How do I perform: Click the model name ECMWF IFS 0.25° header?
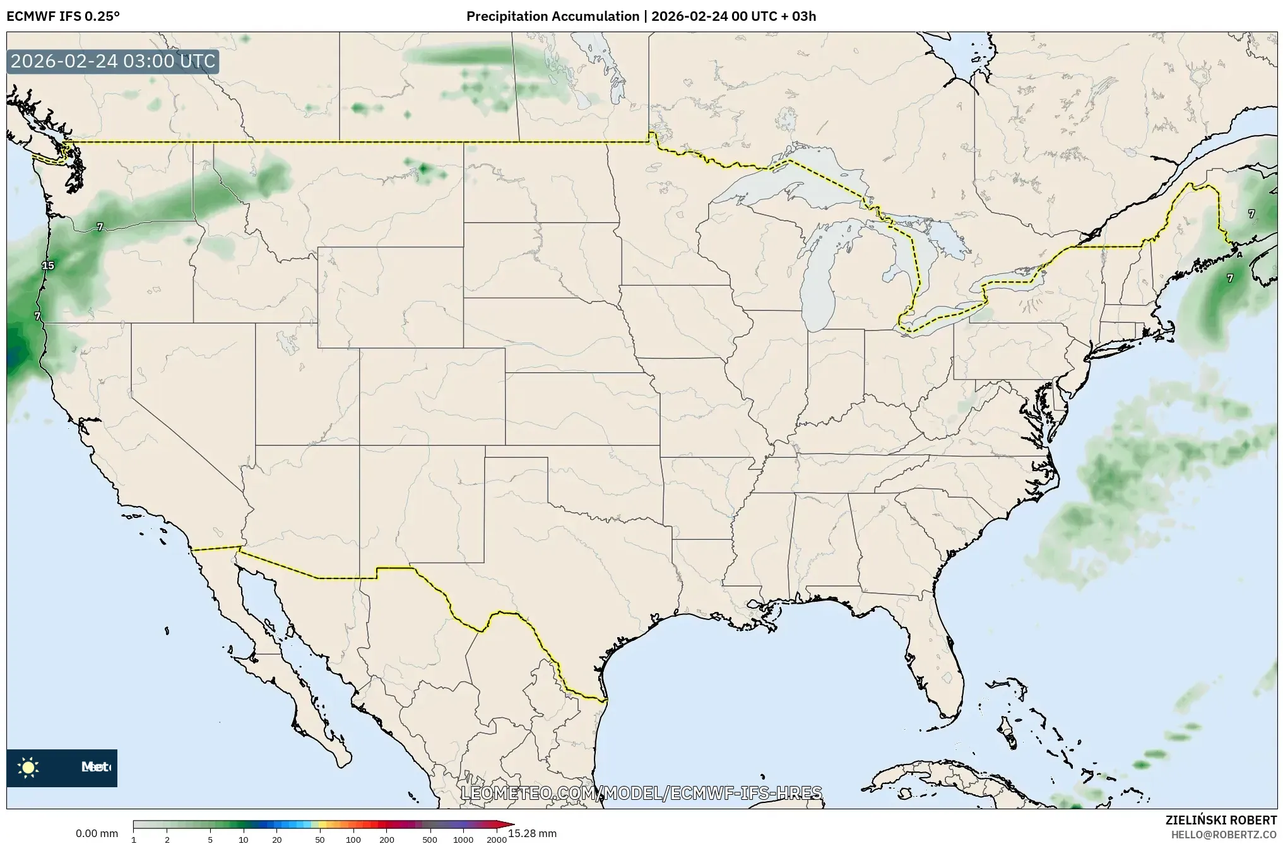[63, 16]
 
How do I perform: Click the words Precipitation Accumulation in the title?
[552, 16]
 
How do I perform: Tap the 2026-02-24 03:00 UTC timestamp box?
[113, 62]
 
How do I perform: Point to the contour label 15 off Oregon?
[48, 266]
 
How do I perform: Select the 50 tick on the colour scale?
[320, 839]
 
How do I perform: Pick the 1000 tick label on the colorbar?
[463, 839]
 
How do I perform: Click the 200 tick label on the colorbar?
[386, 839]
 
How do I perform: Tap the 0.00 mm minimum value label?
[97, 834]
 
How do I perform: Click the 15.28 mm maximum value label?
[532, 833]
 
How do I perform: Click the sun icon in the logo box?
[28, 768]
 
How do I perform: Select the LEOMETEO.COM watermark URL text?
[641, 793]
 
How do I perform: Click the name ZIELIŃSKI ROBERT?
[1221, 821]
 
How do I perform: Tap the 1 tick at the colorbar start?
[134, 839]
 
